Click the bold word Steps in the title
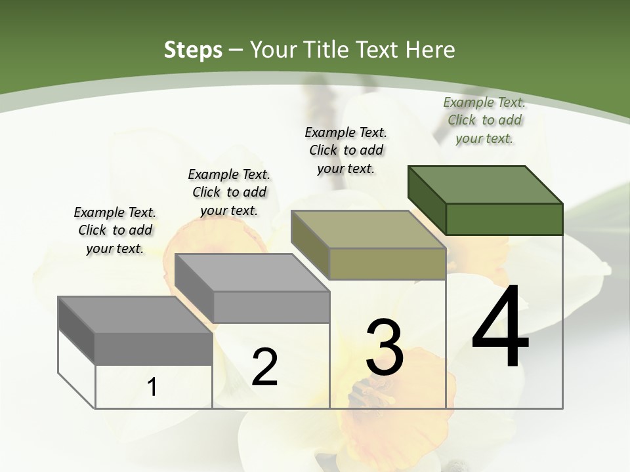tap(193, 50)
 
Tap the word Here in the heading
tap(430, 50)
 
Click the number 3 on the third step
tap(385, 347)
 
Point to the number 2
tap(264, 367)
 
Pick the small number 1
tap(152, 387)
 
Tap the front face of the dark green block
tap(504, 219)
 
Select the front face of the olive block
tap(387, 264)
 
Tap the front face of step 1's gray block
tap(154, 348)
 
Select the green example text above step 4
tap(484, 120)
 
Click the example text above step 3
tap(346, 150)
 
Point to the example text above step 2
tap(229, 192)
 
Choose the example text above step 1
tap(115, 230)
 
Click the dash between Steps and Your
tap(236, 50)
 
